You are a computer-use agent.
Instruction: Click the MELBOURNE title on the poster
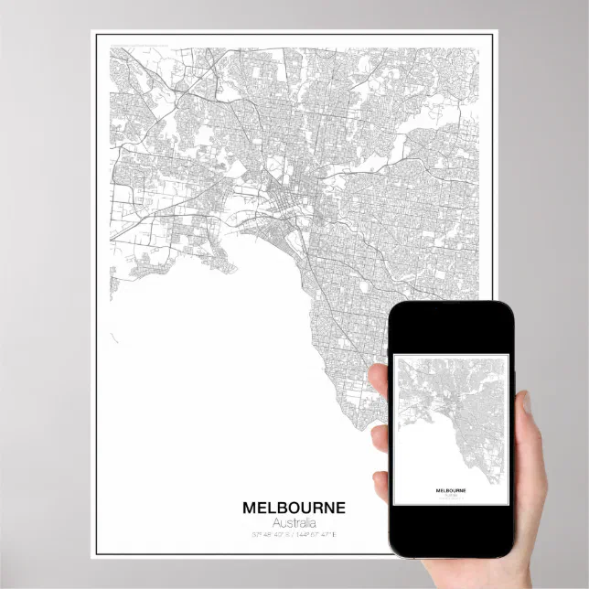294,508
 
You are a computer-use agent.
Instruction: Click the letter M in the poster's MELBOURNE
250,508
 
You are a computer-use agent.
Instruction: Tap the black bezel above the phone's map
447,329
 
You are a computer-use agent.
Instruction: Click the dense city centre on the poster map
279,197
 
